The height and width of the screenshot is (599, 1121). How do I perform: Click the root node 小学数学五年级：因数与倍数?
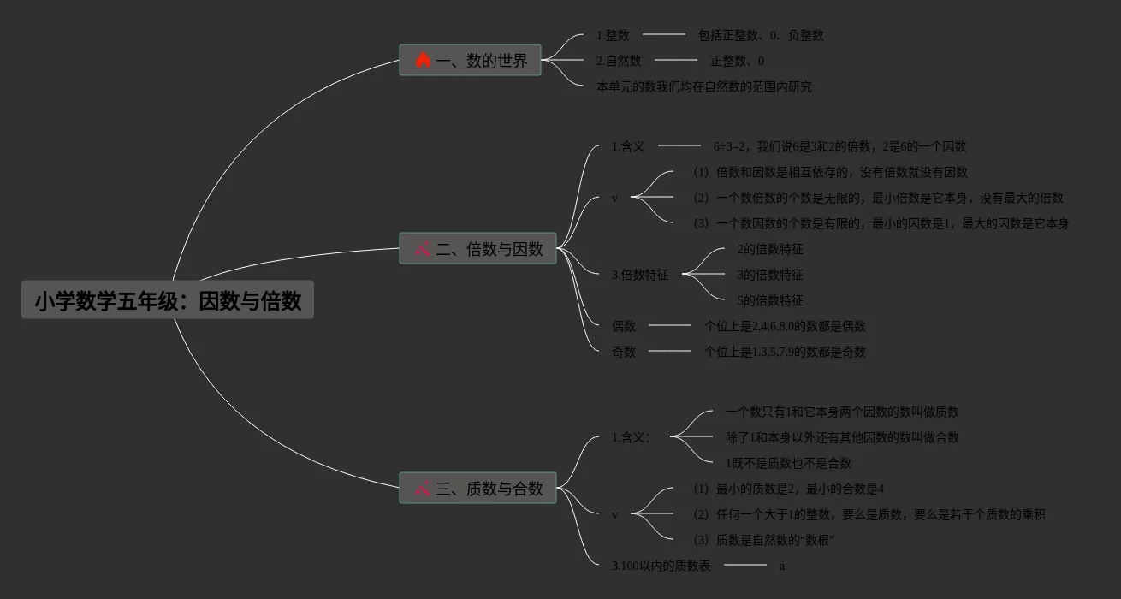click(168, 300)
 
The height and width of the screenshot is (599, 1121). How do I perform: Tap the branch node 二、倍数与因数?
click(477, 249)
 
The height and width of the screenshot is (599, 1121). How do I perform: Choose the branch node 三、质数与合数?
click(477, 489)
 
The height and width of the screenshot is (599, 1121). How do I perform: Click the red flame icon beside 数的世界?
click(423, 61)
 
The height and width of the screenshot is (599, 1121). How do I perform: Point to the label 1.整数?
click(613, 35)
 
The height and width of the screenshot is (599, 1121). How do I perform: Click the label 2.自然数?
click(619, 61)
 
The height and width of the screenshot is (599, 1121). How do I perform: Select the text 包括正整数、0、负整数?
click(761, 35)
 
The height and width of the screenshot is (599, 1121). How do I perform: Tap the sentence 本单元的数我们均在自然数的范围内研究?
click(704, 86)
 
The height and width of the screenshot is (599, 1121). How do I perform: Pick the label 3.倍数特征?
click(640, 275)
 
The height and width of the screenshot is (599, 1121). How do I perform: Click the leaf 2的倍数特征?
click(770, 249)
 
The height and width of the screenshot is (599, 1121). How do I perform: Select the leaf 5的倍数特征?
click(770, 300)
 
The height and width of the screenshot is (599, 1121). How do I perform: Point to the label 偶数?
click(624, 326)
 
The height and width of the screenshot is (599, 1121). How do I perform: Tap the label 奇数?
click(624, 352)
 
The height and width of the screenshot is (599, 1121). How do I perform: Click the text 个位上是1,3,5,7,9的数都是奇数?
click(785, 352)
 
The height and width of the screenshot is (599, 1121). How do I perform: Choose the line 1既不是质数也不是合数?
click(788, 463)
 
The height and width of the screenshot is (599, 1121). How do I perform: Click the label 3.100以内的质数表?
click(661, 566)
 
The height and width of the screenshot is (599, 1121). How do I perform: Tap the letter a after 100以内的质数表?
click(782, 566)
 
